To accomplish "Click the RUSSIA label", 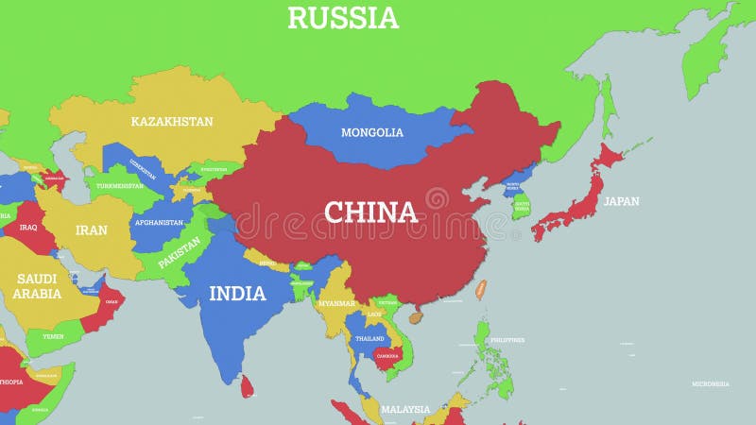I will [x=343, y=18].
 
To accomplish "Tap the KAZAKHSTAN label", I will [x=172, y=122].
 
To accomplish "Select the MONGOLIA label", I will [x=372, y=132].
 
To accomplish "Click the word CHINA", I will [x=370, y=212].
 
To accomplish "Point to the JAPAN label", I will [x=622, y=201].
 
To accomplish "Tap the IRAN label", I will [x=92, y=229].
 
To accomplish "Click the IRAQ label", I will [x=27, y=228].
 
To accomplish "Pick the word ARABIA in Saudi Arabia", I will [x=37, y=294].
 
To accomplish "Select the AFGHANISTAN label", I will [x=159, y=223].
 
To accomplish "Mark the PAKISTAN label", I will [x=180, y=253].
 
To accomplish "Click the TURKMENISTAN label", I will [x=119, y=185].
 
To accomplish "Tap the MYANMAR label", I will [x=336, y=303].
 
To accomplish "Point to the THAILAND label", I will [x=369, y=338].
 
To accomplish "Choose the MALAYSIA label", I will [x=405, y=410].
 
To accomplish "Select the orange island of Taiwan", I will [x=480, y=289].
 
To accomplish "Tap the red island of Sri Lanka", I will [x=248, y=385].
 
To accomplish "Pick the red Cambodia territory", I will [x=387, y=357].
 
